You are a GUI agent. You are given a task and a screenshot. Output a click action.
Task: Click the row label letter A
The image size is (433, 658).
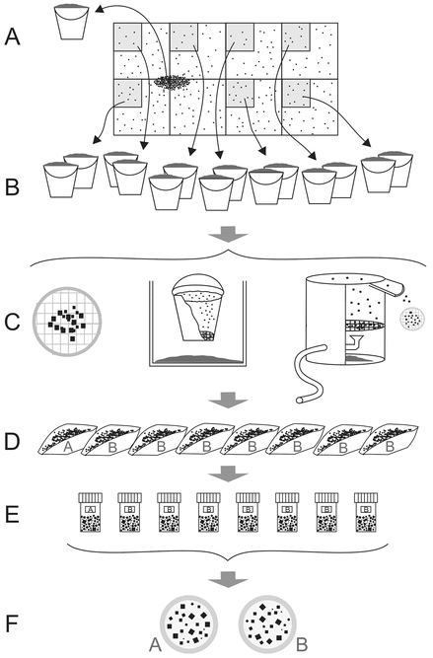tap(12, 37)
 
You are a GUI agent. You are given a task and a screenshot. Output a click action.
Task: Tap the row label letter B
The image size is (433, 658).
tap(12, 187)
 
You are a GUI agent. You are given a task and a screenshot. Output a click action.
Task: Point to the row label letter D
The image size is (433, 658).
tap(12, 442)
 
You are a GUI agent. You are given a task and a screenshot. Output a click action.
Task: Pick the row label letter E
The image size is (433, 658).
tap(12, 515)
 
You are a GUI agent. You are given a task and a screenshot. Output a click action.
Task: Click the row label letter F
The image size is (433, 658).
tap(12, 623)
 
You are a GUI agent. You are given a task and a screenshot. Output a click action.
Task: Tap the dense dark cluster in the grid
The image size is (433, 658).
tap(173, 82)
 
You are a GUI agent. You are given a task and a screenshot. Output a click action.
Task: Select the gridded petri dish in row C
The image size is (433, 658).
tap(67, 322)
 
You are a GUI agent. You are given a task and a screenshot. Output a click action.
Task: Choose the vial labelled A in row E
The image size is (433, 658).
tap(91, 513)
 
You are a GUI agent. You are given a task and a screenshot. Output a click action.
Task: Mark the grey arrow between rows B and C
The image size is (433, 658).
tap(228, 234)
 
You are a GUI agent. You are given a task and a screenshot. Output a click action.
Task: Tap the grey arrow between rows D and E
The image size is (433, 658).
tap(228, 474)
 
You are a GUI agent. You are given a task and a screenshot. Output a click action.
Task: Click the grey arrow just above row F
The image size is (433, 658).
tap(228, 579)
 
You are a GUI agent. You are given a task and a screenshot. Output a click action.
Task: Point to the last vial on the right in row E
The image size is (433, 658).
tap(366, 513)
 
